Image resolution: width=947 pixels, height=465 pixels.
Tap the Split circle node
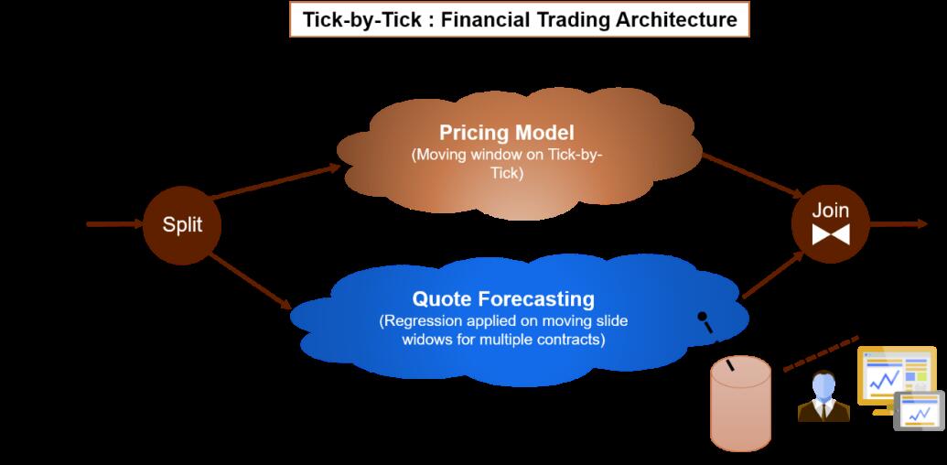(182, 225)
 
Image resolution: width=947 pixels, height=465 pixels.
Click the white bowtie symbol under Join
(831, 234)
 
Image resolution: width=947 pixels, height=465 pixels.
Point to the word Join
(831, 211)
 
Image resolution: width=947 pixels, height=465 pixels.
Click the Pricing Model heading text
(506, 132)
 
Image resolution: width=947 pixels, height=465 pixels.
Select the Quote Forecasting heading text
(503, 299)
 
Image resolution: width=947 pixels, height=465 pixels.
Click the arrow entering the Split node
(114, 224)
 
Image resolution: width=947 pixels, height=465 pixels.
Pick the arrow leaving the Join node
(899, 224)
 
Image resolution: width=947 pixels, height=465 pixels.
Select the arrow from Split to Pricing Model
(275, 181)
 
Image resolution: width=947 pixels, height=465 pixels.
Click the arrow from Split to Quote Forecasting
(251, 281)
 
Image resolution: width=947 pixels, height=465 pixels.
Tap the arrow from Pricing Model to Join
(752, 175)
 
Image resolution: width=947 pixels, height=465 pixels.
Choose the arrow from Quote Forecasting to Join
(773, 275)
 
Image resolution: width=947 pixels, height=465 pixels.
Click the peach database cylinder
(740, 403)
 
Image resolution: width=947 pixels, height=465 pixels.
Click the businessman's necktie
(823, 411)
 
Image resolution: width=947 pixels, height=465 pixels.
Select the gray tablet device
(920, 411)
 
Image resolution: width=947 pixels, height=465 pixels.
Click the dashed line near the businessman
(821, 354)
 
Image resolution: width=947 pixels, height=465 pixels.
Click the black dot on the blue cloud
(702, 316)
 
